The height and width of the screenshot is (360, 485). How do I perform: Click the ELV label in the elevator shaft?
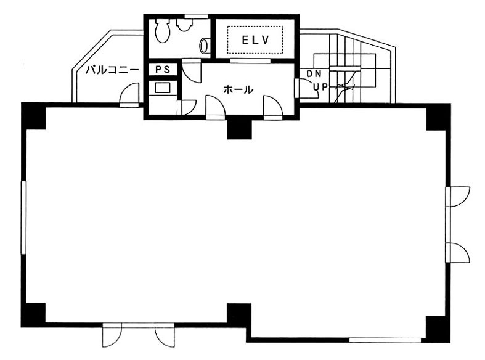click(x=256, y=40)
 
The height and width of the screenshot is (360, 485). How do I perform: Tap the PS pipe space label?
click(x=163, y=70)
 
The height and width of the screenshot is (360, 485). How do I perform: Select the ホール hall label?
click(x=238, y=89)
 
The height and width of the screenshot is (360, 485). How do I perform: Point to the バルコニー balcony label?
click(x=112, y=70)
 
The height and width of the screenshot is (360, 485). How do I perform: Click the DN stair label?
click(x=314, y=73)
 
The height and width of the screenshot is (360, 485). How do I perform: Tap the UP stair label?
click(x=320, y=87)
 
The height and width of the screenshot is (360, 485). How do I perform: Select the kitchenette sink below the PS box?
click(x=163, y=88)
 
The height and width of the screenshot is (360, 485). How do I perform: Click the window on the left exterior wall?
click(x=23, y=218)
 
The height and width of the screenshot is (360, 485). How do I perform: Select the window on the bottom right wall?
click(x=385, y=340)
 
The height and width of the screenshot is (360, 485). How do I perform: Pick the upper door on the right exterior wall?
click(x=458, y=197)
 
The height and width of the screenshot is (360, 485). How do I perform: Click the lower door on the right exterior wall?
click(x=458, y=253)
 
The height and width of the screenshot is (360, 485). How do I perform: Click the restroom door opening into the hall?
click(x=192, y=71)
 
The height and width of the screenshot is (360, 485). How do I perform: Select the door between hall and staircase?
click(x=307, y=88)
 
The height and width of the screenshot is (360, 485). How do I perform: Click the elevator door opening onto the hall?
click(x=250, y=61)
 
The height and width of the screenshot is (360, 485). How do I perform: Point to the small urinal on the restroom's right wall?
click(x=205, y=46)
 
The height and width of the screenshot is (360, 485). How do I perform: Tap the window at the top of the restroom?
click(x=196, y=16)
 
